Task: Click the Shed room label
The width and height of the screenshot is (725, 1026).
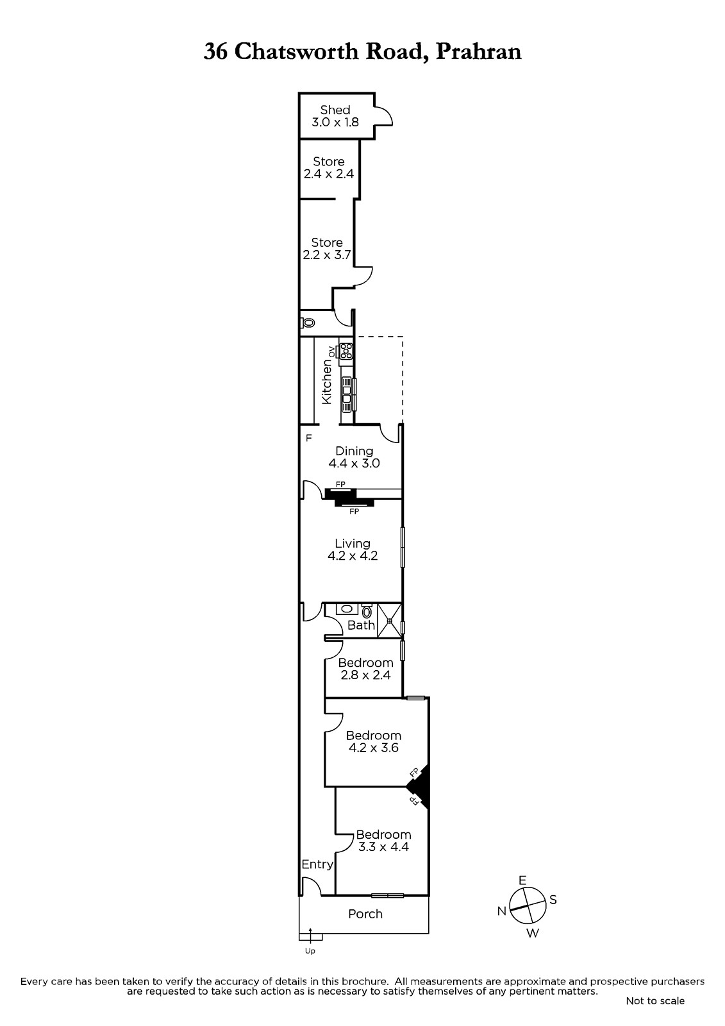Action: (335, 116)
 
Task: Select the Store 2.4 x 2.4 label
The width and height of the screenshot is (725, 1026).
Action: (329, 167)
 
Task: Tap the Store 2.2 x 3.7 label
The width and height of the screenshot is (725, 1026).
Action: (327, 248)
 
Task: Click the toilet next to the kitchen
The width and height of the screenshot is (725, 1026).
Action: (308, 323)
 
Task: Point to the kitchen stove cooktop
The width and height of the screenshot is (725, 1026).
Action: (346, 351)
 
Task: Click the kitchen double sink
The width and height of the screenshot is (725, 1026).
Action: (347, 394)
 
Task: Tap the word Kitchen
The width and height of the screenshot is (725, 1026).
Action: (326, 382)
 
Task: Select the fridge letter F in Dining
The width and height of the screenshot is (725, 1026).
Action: (309, 438)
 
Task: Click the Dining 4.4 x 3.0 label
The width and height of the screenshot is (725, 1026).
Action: (354, 457)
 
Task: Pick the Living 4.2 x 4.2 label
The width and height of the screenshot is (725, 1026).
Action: (353, 550)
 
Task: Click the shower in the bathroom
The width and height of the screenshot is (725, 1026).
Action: (389, 621)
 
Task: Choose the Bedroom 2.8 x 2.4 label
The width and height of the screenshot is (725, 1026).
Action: (365, 669)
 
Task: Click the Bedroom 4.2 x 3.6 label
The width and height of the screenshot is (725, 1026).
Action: (374, 741)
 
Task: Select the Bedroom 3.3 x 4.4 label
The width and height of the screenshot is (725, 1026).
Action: (384, 841)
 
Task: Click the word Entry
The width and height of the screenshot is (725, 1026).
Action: (317, 864)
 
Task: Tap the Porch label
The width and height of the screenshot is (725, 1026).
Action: (365, 914)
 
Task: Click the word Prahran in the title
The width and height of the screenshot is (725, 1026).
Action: (479, 51)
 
